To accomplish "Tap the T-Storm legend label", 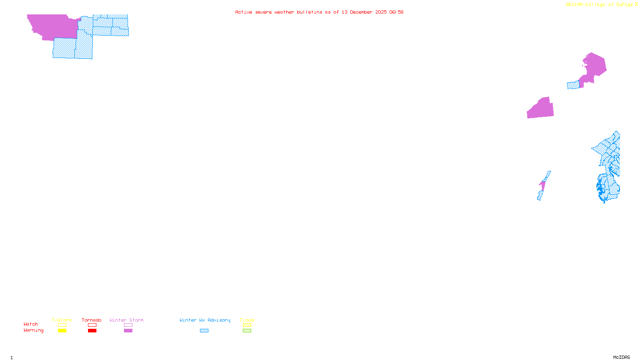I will [62, 320].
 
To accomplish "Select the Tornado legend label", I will [92, 320].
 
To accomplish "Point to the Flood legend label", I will [247, 320].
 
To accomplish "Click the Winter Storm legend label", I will [126, 320].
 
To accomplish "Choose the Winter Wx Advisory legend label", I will [205, 320].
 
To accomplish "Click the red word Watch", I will [31, 324].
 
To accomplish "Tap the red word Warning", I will [34, 330].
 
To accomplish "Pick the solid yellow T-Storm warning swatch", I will [62, 331].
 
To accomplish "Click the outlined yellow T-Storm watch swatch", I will [62, 325].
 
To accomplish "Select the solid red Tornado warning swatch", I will [92, 331].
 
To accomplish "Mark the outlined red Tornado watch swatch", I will [92, 325].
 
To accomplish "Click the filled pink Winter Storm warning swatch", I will [128, 331].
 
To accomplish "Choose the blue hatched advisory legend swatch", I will [204, 331].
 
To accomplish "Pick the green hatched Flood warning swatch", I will [247, 331].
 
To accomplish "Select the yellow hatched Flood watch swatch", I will [247, 325].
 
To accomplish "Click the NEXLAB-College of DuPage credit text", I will [600, 5].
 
